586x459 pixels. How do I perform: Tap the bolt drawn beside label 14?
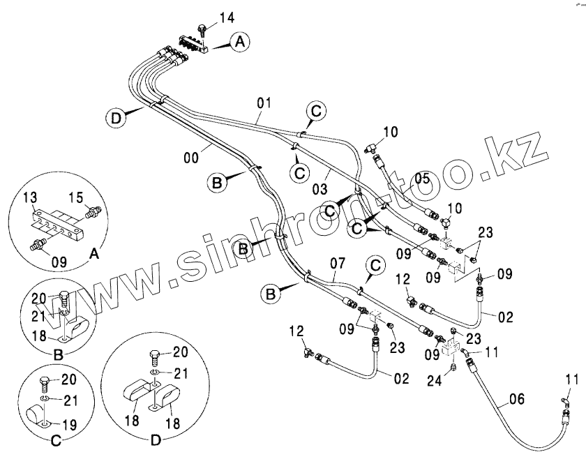point(201,30)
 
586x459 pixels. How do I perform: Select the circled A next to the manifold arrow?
point(239,43)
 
